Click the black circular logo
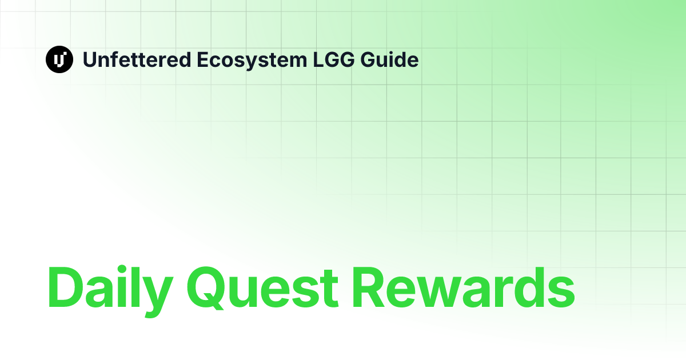pyautogui.click(x=59, y=59)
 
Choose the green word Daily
pyautogui.click(x=107, y=288)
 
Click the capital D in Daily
pyautogui.click(x=65, y=288)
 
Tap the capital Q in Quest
pyautogui.click(x=209, y=288)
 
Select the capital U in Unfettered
pyautogui.click(x=90, y=59)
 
